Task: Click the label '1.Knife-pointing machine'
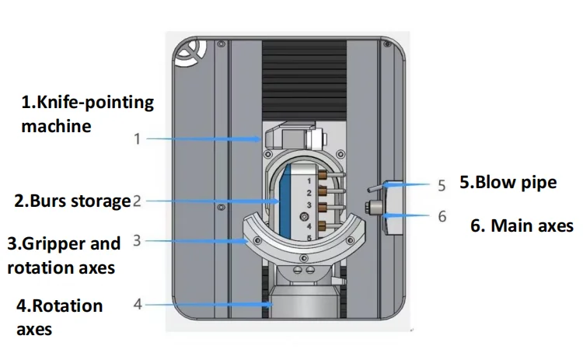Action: point(87,114)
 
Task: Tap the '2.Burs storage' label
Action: point(72,201)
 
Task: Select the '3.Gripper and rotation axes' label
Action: point(64,255)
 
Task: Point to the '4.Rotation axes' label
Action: point(59,316)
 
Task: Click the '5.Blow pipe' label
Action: point(508,183)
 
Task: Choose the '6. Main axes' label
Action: point(522,226)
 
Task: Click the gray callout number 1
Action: point(137,139)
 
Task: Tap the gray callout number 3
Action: point(137,241)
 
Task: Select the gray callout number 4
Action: point(138,304)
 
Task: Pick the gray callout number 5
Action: point(442,186)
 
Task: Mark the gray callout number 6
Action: point(442,216)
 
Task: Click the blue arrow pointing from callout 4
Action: point(210,304)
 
